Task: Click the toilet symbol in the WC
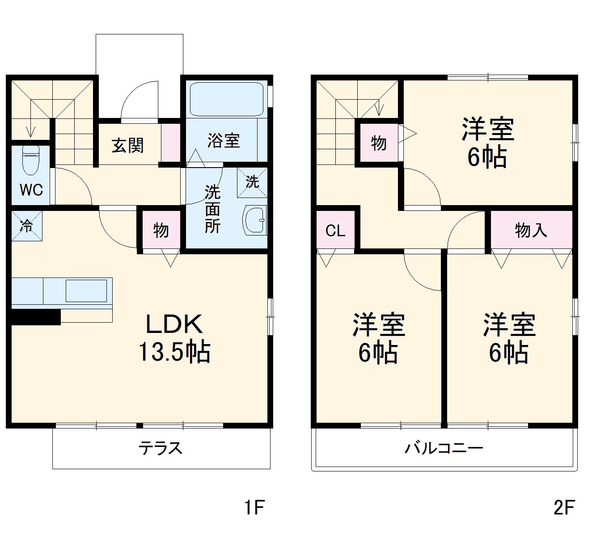coord(30,160)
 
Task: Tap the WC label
coord(31,190)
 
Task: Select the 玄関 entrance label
coord(128,145)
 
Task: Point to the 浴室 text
coord(224,141)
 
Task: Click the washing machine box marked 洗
coord(252,182)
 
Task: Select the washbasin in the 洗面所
coord(255,220)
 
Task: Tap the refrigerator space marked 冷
coord(27,226)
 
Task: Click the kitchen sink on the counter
coord(86,290)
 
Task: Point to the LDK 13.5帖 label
coord(174,338)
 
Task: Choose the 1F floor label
coord(254,508)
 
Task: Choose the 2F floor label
coord(564,508)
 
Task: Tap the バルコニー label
coord(444,448)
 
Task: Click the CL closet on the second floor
coord(335,231)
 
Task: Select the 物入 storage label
coord(531,230)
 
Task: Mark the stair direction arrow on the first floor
coord(30,130)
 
